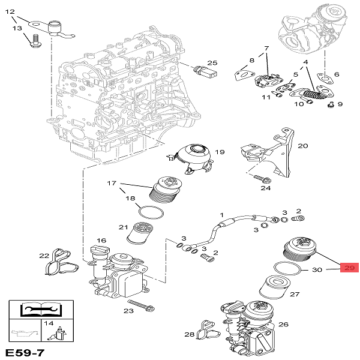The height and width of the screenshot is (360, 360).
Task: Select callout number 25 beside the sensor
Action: [x=212, y=63]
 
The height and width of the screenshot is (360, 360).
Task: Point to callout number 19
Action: [x=220, y=152]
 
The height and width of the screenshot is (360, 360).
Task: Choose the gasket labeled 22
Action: [x=57, y=262]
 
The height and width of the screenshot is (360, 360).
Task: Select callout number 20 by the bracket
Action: [x=302, y=146]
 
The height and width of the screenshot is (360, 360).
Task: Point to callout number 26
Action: [x=283, y=325]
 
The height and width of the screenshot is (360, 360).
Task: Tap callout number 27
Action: [x=295, y=295]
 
